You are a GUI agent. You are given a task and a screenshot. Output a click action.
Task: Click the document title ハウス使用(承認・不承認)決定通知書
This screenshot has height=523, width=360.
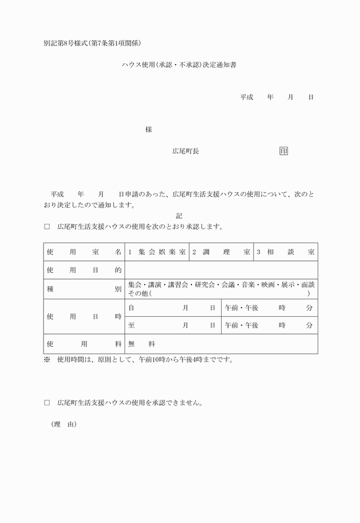pyautogui.click(x=179, y=66)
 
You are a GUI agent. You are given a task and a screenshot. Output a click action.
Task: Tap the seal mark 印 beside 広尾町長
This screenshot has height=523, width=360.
pyautogui.click(x=283, y=151)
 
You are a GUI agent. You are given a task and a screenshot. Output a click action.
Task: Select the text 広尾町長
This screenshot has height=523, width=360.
pyautogui.click(x=186, y=151)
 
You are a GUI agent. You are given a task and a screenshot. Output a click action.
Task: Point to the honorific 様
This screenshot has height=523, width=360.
pyautogui.click(x=149, y=130)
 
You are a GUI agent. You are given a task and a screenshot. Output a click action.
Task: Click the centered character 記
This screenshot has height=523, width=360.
pyautogui.click(x=179, y=216)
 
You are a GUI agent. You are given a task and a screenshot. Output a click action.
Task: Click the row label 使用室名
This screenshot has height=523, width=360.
pyautogui.click(x=84, y=252)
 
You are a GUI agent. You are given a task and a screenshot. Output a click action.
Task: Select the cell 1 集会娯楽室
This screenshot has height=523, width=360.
pyautogui.click(x=157, y=252)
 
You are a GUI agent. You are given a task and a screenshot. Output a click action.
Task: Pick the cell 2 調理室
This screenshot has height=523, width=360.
pyautogui.click(x=221, y=252)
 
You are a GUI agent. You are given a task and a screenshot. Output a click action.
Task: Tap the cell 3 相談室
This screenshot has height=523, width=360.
pyautogui.click(x=285, y=252)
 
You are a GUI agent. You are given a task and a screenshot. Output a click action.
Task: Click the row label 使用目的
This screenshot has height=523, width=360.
pyautogui.click(x=84, y=269)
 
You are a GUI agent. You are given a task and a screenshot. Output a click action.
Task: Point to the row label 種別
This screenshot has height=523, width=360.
pyautogui.click(x=84, y=289)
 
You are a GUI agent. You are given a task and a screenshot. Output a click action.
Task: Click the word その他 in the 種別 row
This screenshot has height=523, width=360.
pyautogui.click(x=139, y=293)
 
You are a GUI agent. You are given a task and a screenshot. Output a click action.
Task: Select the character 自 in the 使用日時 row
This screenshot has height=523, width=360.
pyautogui.click(x=131, y=308)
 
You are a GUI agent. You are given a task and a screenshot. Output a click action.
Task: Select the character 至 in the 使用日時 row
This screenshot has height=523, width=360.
pyautogui.click(x=131, y=325)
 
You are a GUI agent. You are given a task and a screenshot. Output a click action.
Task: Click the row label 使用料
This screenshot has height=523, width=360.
pyautogui.click(x=84, y=344)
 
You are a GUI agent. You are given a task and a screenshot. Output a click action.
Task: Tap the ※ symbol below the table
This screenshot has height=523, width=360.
pyautogui.click(x=47, y=360)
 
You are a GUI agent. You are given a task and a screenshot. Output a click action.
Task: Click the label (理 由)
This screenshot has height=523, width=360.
pyautogui.click(x=63, y=425)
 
